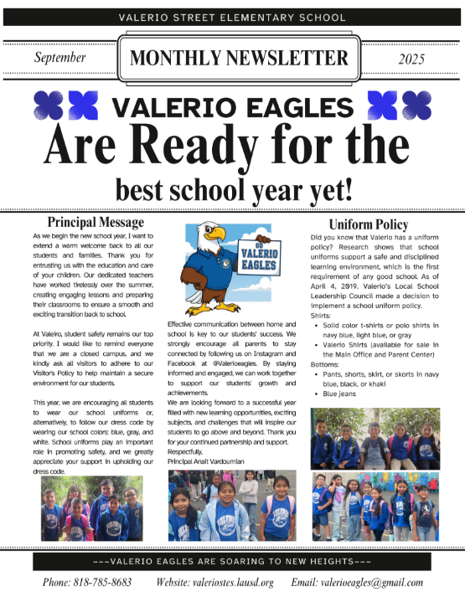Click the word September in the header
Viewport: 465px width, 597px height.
[61, 58]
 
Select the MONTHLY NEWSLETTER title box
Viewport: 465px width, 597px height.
[239, 58]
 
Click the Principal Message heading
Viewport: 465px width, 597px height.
[96, 223]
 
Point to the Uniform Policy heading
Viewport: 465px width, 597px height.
[369, 224]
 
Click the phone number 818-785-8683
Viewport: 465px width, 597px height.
[87, 583]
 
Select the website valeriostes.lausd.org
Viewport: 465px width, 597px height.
[215, 583]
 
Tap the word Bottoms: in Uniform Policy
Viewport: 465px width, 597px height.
[328, 364]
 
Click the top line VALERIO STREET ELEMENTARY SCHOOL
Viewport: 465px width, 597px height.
[232, 17]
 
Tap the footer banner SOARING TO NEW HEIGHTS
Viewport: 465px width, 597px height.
[232, 561]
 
